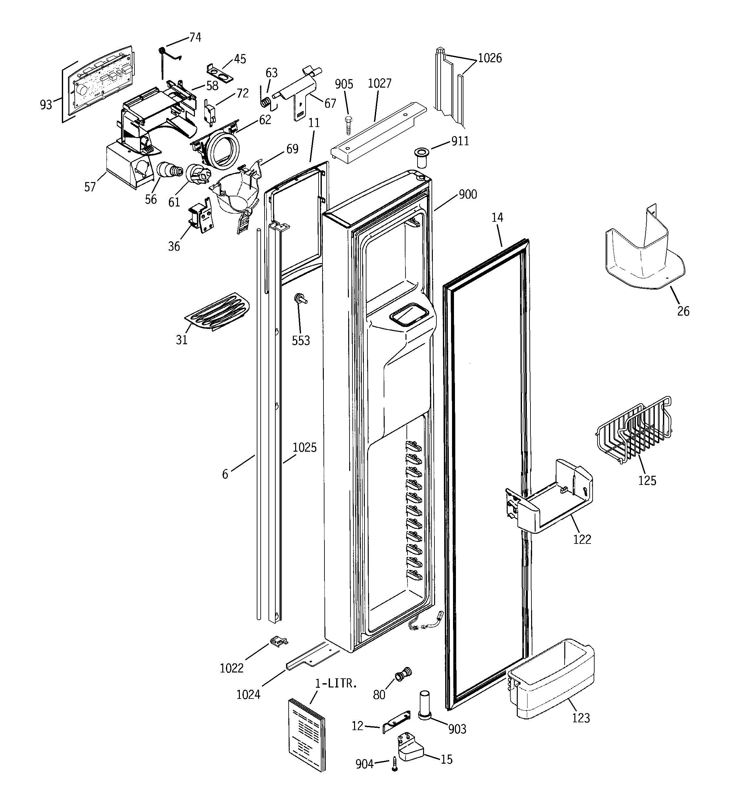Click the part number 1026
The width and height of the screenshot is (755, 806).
click(489, 58)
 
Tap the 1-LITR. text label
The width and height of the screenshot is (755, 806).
click(336, 684)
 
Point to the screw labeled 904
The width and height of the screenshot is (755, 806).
click(394, 764)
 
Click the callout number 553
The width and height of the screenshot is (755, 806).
click(301, 341)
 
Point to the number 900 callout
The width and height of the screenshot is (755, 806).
click(468, 195)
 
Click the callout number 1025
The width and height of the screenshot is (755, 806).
click(304, 447)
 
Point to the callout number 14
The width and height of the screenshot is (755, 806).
click(497, 218)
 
